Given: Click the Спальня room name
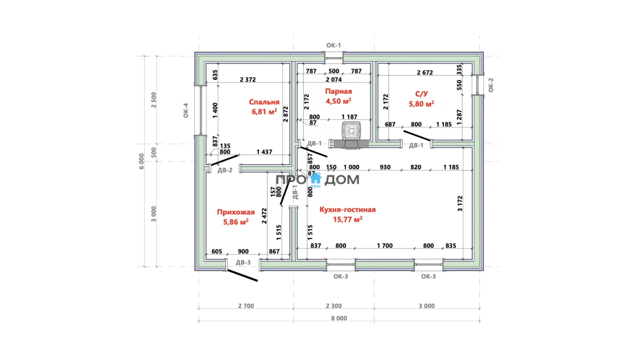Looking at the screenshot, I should click(264, 102).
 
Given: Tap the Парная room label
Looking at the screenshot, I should click(338, 91).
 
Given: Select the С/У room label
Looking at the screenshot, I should click(421, 94).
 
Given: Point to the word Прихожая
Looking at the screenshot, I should click(236, 212).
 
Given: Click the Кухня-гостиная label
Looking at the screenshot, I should click(347, 209).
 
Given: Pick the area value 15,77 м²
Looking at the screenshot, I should click(347, 219).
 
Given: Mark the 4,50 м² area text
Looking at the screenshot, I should click(338, 101).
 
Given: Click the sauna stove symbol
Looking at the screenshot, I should click(351, 131).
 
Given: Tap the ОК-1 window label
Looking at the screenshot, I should click(333, 45).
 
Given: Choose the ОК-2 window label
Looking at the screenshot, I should click(491, 85).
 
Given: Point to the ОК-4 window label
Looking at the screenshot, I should click(186, 110).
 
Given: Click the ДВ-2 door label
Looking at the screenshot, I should click(225, 170).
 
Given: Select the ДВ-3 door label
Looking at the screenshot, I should click(243, 262).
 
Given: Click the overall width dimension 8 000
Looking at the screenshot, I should click(339, 318).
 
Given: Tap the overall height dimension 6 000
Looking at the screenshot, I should click(142, 161).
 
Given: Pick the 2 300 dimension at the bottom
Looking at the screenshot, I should click(334, 306).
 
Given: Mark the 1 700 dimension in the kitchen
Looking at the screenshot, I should click(385, 246).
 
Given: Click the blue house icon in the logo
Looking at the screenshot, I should click(315, 179).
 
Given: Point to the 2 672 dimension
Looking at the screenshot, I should click(424, 73).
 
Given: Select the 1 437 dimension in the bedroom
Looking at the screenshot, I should click(264, 152).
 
